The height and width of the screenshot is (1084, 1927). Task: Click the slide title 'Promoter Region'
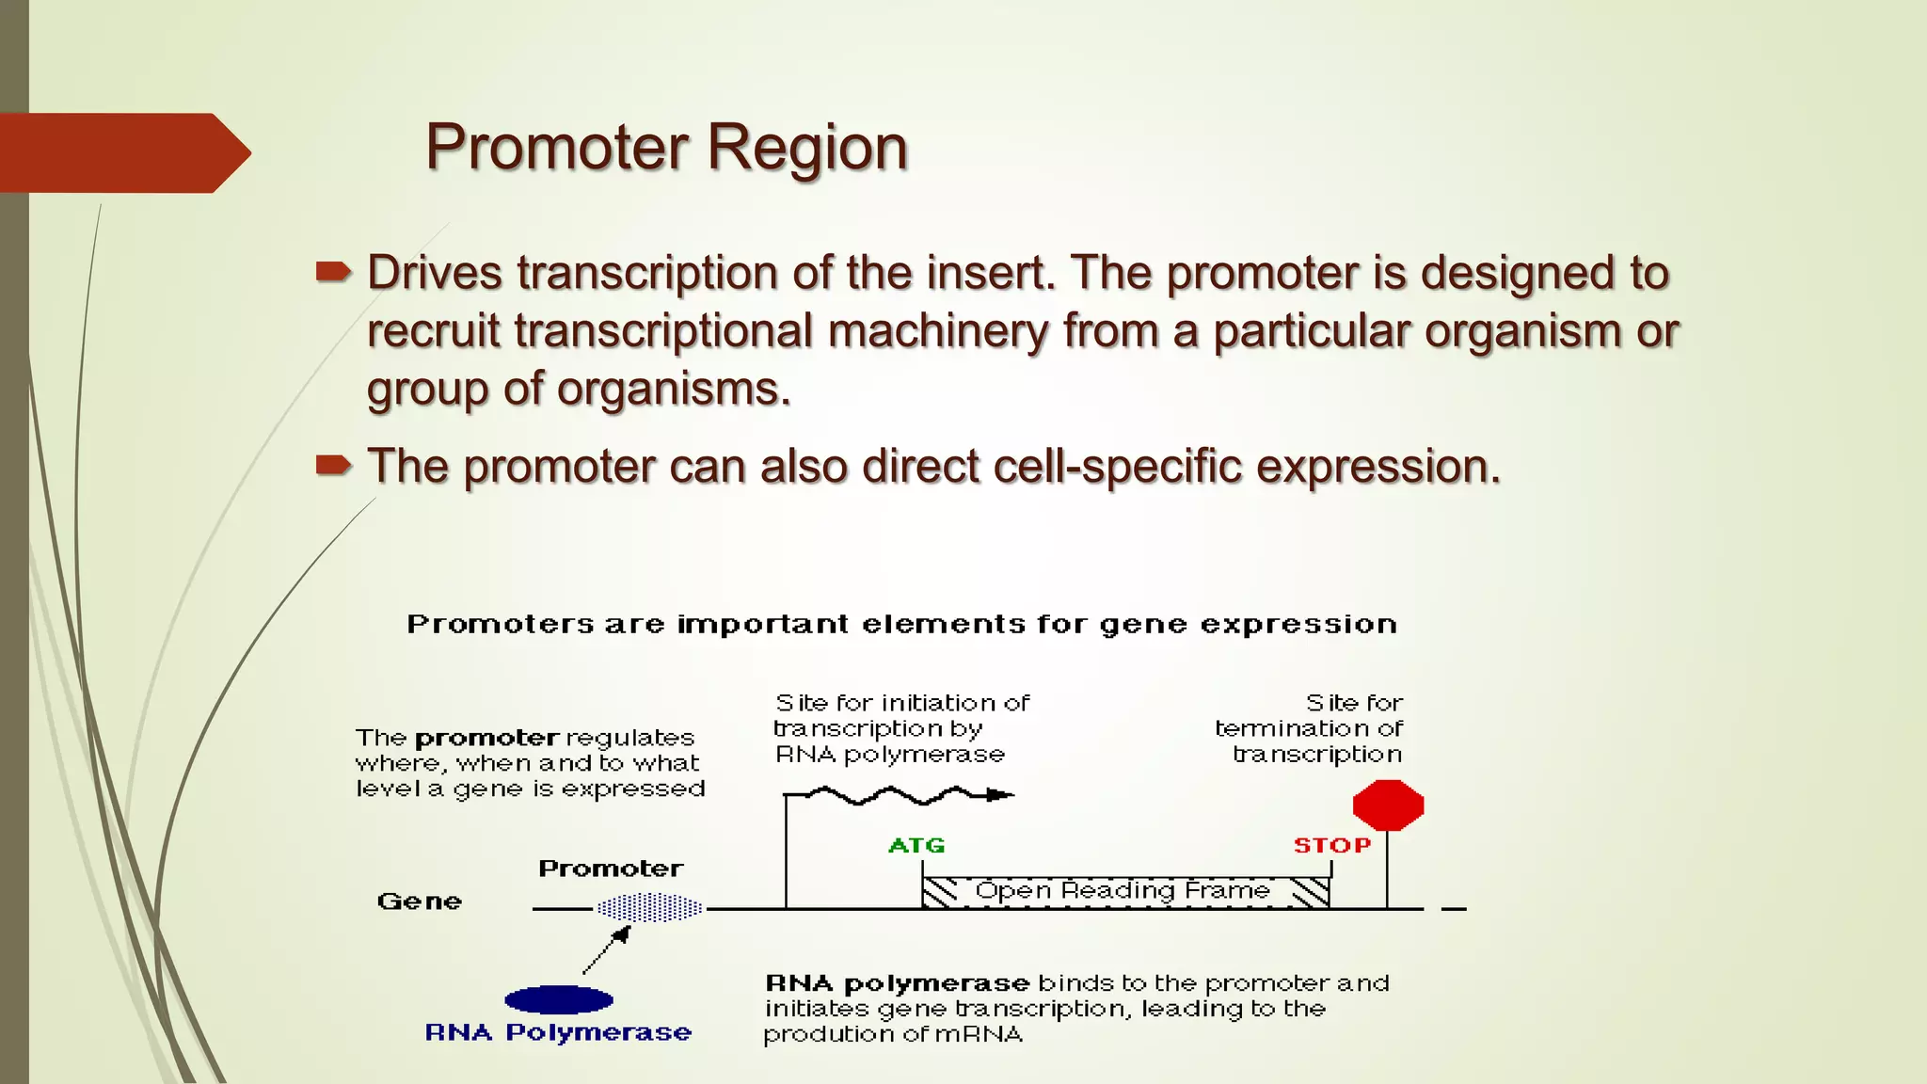click(x=666, y=148)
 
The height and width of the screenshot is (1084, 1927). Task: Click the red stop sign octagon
click(x=1388, y=805)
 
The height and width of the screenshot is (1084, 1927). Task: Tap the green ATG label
click(x=916, y=845)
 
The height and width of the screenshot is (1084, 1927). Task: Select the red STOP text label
click(x=1331, y=845)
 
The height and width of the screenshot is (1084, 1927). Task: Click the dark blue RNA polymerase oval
click(x=559, y=999)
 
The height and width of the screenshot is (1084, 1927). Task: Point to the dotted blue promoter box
click(x=650, y=908)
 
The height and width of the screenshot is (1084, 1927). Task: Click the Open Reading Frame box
click(x=1124, y=891)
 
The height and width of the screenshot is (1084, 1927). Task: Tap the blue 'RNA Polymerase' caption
click(x=558, y=1032)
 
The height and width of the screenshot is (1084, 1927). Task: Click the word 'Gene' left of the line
click(x=420, y=901)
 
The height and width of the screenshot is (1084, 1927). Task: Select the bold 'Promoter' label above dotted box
click(x=611, y=869)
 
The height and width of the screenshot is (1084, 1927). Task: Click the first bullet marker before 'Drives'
click(x=333, y=273)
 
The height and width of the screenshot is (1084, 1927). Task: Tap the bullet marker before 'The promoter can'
click(x=333, y=465)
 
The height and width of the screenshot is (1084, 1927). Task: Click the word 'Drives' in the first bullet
click(x=434, y=273)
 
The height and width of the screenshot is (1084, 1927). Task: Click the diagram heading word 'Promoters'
click(x=501, y=624)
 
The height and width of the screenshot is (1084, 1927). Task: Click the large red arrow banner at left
click(x=122, y=152)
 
